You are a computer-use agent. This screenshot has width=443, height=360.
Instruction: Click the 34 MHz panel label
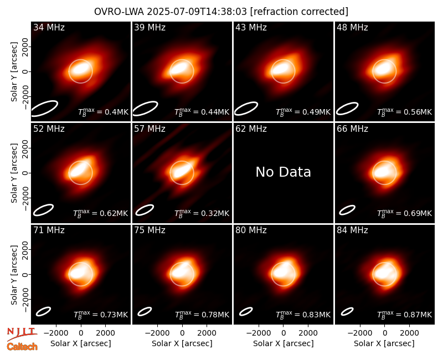pos(49,27)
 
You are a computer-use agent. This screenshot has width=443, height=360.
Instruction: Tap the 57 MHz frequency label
pos(150,129)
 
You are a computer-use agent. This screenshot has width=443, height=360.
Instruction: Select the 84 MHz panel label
pos(352,230)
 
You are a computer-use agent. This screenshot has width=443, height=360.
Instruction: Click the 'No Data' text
pos(284,172)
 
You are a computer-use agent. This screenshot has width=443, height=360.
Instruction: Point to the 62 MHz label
pos(251,129)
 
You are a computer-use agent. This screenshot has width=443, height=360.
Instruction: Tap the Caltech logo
pos(22,347)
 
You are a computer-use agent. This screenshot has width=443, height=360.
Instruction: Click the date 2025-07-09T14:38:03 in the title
pos(197,12)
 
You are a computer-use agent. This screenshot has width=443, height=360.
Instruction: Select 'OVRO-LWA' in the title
pos(119,12)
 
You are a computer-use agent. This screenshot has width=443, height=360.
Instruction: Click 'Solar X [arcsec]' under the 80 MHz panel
pos(284,343)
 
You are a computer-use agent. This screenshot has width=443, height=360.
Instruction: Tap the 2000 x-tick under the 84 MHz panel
pos(410,333)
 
